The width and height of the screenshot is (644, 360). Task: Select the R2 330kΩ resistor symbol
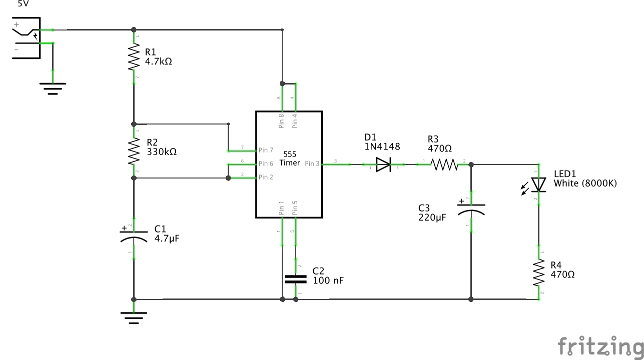[133, 151]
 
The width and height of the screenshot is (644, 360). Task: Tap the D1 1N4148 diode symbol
[383, 164]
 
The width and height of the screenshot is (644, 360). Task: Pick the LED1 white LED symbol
[538, 184]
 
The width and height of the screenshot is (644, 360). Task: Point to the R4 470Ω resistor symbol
[539, 272]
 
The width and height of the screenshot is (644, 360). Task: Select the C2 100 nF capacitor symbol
[295, 278]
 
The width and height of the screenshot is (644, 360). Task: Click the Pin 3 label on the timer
[312, 163]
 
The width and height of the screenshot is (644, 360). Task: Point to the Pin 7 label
[266, 150]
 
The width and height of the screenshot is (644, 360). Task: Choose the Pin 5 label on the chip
[295, 208]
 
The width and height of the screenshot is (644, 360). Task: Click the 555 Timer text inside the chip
[289, 158]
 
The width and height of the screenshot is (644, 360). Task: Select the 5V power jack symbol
[26, 37]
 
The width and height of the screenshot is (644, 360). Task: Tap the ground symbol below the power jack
[53, 88]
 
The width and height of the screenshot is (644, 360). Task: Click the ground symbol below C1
[134, 317]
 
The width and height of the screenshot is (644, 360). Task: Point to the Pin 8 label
[281, 121]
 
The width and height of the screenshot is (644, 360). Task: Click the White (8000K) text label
[585, 183]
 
